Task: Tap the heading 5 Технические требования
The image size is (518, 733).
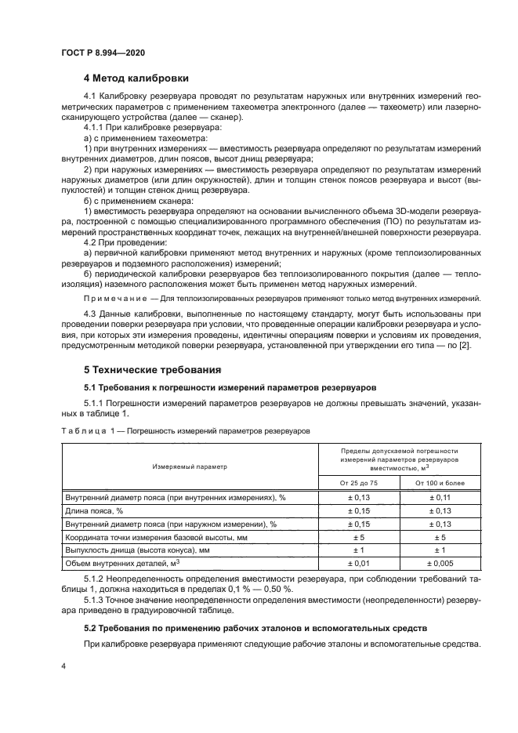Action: coord(152,369)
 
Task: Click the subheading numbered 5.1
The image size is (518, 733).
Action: coord(230,386)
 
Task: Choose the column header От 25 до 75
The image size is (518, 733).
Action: coord(357,483)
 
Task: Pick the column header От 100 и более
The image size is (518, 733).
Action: coord(440,483)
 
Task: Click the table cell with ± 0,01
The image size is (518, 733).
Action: coord(357,563)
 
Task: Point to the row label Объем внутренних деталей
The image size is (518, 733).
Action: coord(122,563)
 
